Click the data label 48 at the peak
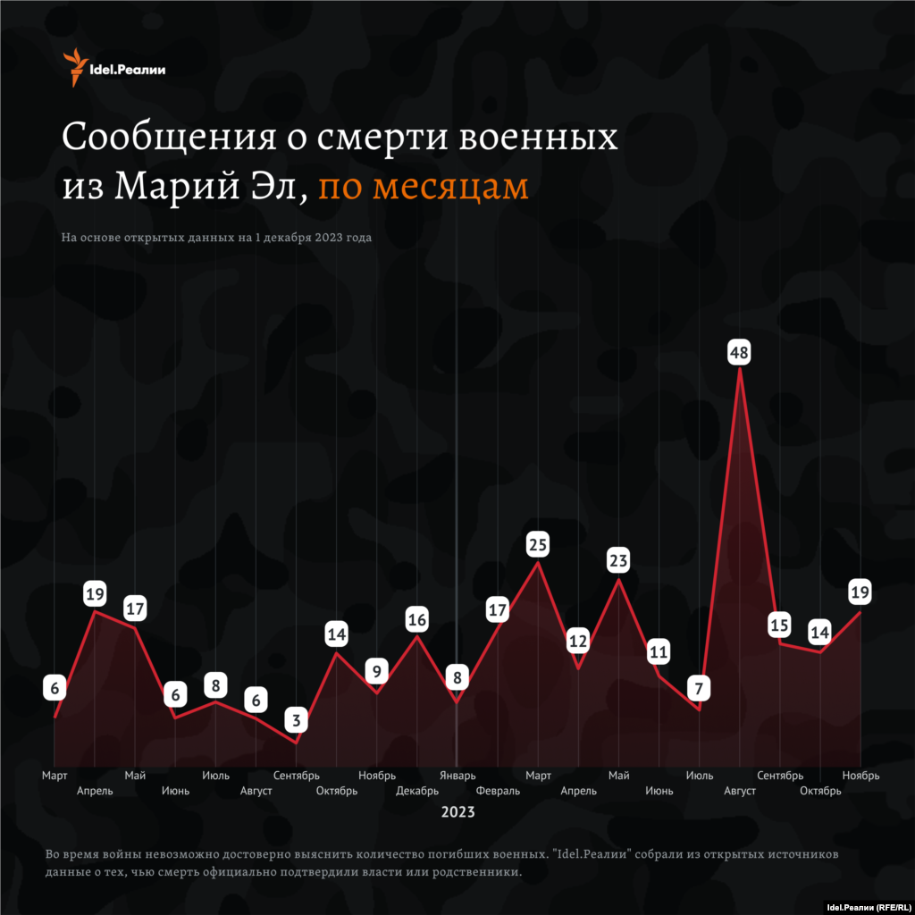click(x=739, y=352)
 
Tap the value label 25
click(x=538, y=543)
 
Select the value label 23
click(x=618, y=561)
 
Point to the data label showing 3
click(x=297, y=719)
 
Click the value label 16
click(x=417, y=619)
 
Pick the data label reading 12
click(x=578, y=641)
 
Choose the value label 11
click(x=659, y=652)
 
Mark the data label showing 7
click(x=699, y=688)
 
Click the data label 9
click(x=377, y=670)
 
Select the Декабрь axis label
click(x=417, y=791)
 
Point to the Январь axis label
click(x=457, y=776)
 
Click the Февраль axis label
click(x=498, y=791)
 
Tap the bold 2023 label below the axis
click(x=457, y=813)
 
